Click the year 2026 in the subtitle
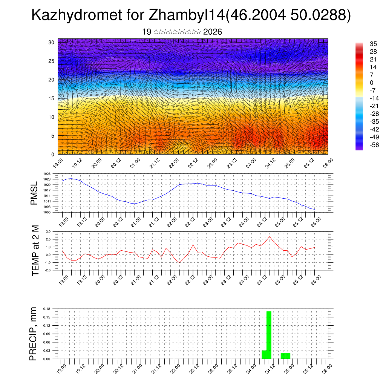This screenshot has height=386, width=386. [x=212, y=32]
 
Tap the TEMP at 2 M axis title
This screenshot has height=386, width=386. [x=36, y=251]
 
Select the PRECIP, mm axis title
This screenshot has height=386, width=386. [x=34, y=334]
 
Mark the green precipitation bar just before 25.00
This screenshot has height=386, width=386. [x=285, y=356]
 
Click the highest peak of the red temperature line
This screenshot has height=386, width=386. [x=270, y=237]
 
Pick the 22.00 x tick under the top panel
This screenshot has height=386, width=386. [x=173, y=164]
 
